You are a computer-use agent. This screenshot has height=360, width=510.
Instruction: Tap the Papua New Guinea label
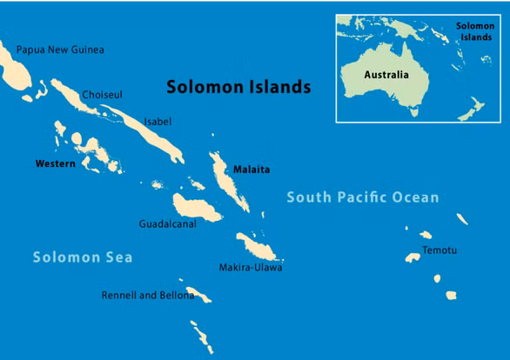(x=60, y=50)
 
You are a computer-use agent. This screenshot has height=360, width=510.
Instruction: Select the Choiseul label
(x=102, y=94)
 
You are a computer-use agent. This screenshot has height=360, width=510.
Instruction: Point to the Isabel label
(x=158, y=122)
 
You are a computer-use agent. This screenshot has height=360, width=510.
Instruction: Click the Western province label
(x=55, y=163)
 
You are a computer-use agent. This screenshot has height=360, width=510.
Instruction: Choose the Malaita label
(x=251, y=170)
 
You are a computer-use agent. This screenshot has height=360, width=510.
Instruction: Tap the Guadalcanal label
(x=167, y=223)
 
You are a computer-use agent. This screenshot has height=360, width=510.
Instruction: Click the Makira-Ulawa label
(x=251, y=267)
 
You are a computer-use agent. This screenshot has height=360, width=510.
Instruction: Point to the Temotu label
(x=440, y=250)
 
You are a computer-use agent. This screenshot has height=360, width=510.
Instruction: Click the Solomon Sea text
(x=83, y=257)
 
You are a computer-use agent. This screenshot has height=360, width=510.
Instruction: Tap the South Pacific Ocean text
(x=363, y=198)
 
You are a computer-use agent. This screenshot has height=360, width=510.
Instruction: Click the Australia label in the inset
(x=386, y=75)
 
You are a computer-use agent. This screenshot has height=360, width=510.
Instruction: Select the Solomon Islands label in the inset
(x=475, y=32)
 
